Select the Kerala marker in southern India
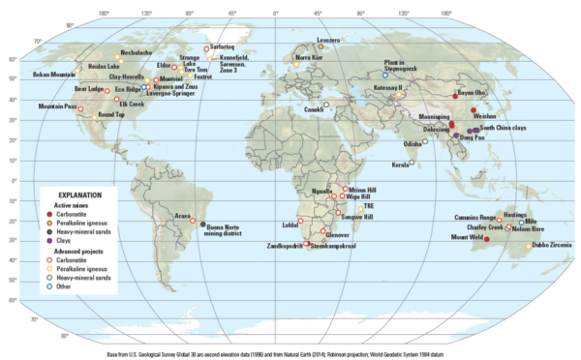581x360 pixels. pyautogui.click(x=412, y=163)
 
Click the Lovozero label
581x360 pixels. pyautogui.click(x=328, y=40)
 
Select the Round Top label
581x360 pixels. pyautogui.click(x=111, y=114)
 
